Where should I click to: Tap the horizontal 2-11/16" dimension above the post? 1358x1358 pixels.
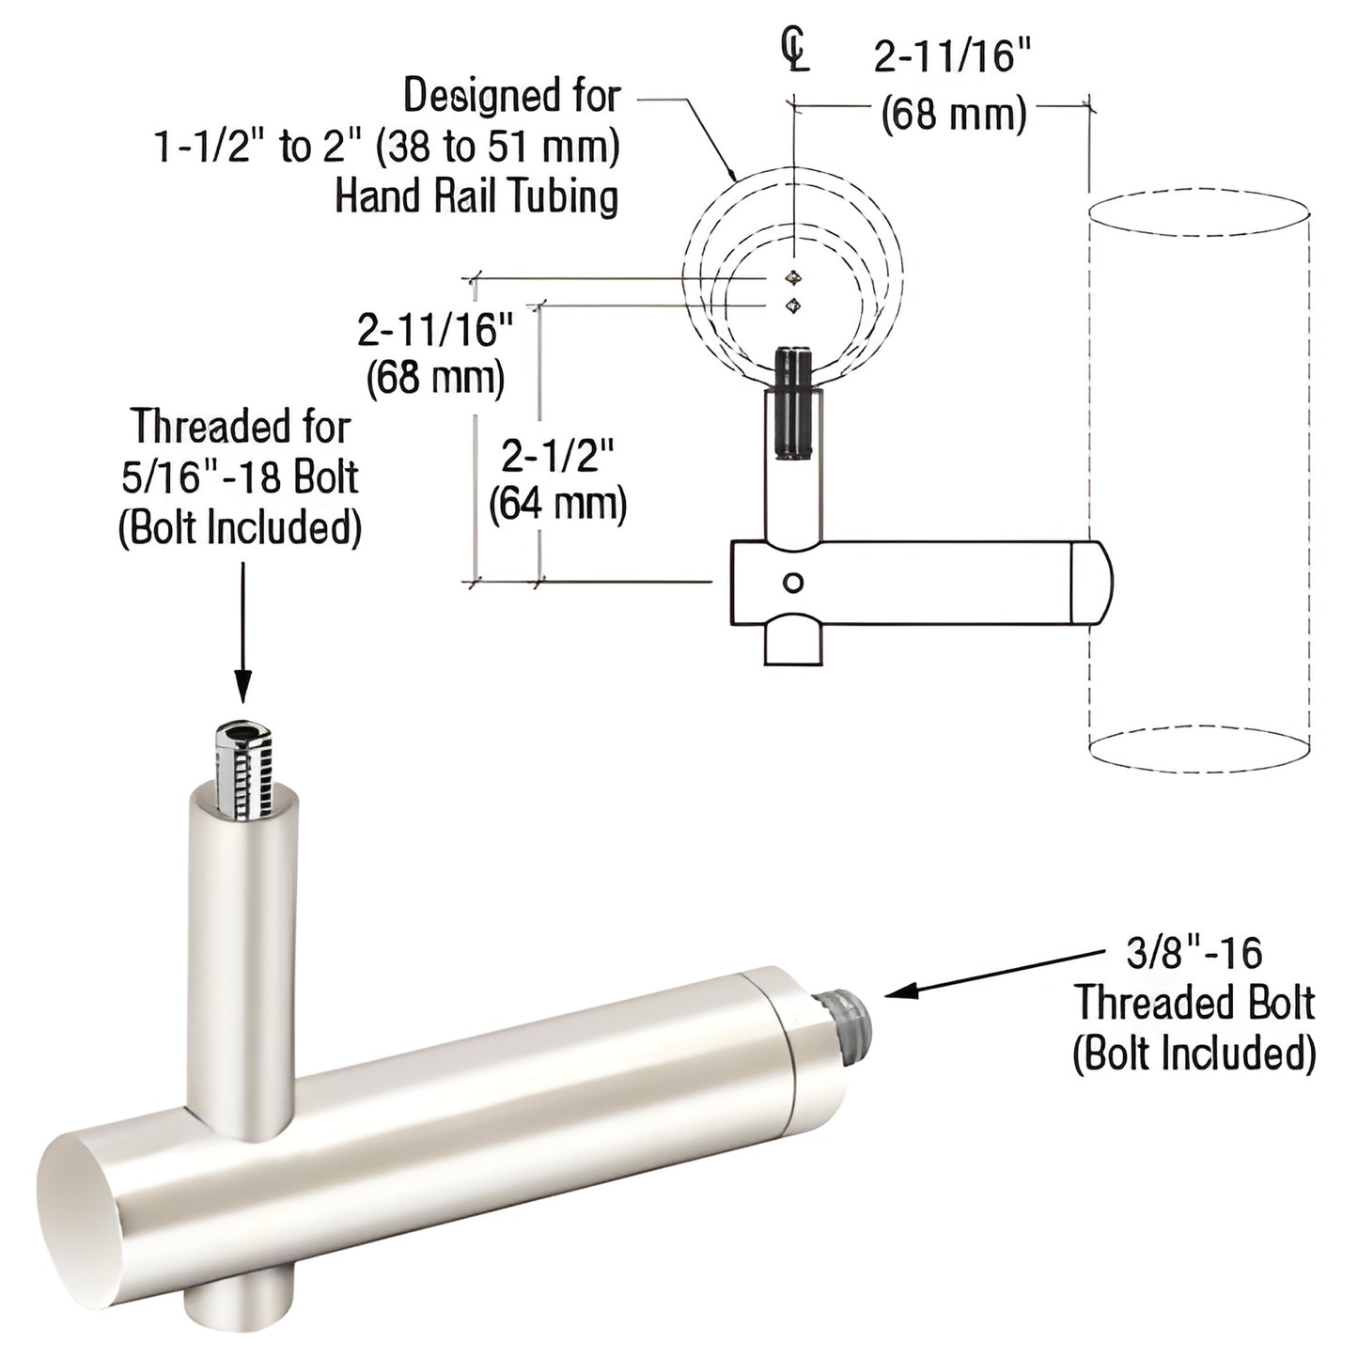click(953, 58)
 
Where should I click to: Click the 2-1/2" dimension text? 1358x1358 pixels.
click(557, 456)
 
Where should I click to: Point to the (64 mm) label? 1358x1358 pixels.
click(557, 504)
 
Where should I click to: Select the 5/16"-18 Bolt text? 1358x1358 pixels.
click(240, 477)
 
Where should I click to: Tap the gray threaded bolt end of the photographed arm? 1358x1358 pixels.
click(851, 1013)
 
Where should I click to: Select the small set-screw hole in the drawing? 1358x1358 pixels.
click(793, 583)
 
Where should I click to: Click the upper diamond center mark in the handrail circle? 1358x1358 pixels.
click(795, 277)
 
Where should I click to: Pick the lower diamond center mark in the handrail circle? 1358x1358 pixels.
click(795, 304)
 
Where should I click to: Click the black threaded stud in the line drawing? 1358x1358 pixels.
click(794, 402)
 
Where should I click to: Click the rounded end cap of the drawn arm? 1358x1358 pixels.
click(1091, 583)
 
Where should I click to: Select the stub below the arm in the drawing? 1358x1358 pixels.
click(794, 644)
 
